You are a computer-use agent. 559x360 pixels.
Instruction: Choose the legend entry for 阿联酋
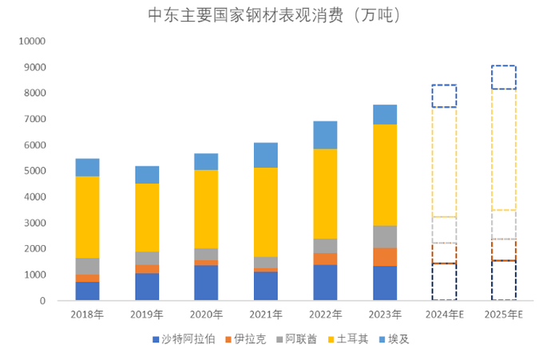pyautogui.click(x=303, y=339)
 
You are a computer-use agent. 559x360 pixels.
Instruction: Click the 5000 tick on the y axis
pyautogui.click(x=35, y=171)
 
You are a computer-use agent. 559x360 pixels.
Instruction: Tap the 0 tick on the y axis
pyautogui.click(x=43, y=301)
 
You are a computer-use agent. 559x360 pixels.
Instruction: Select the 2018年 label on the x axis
pyautogui.click(x=87, y=315)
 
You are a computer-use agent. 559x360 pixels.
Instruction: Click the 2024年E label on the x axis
pyautogui.click(x=444, y=315)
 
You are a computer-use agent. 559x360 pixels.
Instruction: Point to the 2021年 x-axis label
pyautogui.click(x=265, y=315)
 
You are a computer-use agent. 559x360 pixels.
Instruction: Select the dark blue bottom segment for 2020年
pyautogui.click(x=206, y=283)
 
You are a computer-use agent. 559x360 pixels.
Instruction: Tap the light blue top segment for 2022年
pyautogui.click(x=325, y=135)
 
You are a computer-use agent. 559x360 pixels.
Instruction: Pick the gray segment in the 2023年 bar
pyautogui.click(x=384, y=236)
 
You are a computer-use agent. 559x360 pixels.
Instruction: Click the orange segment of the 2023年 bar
pyautogui.click(x=384, y=256)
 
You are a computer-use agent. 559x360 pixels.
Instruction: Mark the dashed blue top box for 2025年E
pyautogui.click(x=503, y=77)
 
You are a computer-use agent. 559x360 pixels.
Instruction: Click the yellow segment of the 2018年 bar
pyautogui.click(x=87, y=216)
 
